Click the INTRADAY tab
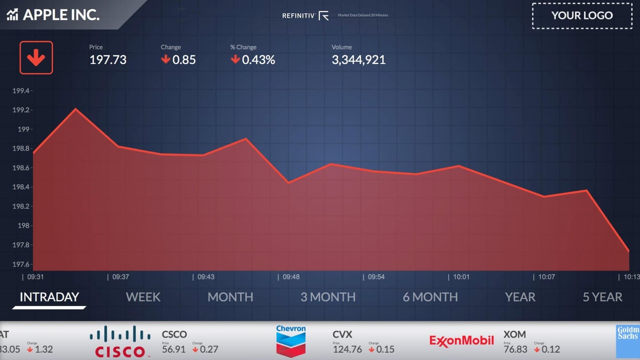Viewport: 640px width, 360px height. pyautogui.click(x=49, y=297)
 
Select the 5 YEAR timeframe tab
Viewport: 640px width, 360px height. pyautogui.click(x=602, y=297)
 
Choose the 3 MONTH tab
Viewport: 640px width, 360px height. pyautogui.click(x=328, y=297)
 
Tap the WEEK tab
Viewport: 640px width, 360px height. pyautogui.click(x=143, y=297)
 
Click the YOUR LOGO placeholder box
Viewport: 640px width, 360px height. pyautogui.click(x=582, y=16)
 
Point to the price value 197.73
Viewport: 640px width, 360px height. pyautogui.click(x=108, y=60)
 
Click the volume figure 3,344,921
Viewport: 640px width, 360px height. pyautogui.click(x=358, y=60)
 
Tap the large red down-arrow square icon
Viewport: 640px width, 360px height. pyautogui.click(x=36, y=57)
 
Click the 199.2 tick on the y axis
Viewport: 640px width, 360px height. pyautogui.click(x=21, y=110)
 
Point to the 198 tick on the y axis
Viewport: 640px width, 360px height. pyautogui.click(x=23, y=225)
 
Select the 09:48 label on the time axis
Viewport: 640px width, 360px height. pyautogui.click(x=291, y=277)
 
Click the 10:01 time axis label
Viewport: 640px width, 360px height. pyautogui.click(x=462, y=277)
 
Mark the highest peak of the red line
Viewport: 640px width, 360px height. pyautogui.click(x=76, y=109)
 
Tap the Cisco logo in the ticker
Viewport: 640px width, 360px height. pyautogui.click(x=120, y=342)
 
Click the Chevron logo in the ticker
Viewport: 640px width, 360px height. pyautogui.click(x=291, y=341)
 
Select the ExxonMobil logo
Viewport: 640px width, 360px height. pyautogui.click(x=462, y=341)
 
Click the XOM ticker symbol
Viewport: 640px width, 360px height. pyautogui.click(x=514, y=334)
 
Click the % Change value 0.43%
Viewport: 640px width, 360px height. pyautogui.click(x=258, y=60)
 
